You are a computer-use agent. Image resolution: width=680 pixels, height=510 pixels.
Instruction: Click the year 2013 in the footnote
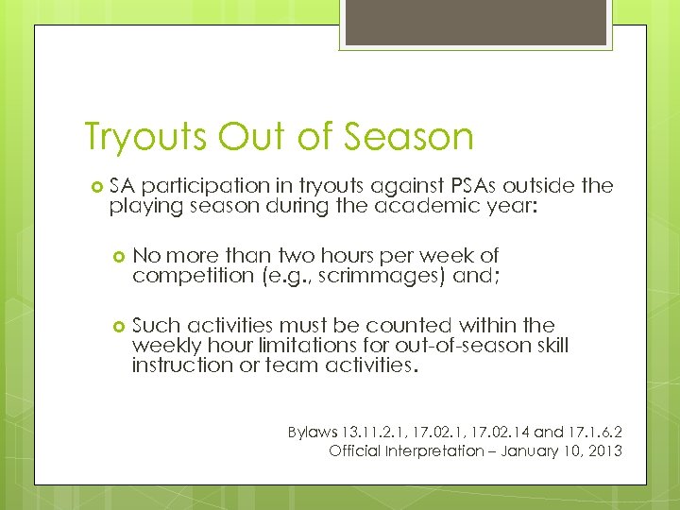coord(602,450)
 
